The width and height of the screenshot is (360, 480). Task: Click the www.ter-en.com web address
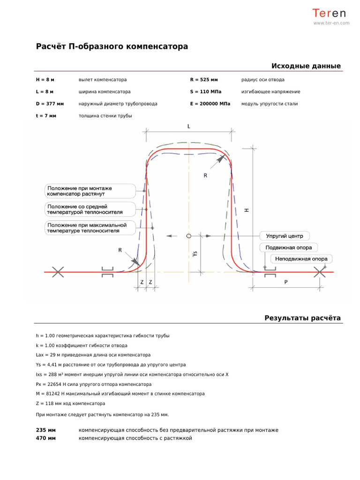(x=331, y=22)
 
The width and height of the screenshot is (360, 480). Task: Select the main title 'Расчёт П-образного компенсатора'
(x=112, y=46)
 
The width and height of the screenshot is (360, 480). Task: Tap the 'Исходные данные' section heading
(x=306, y=66)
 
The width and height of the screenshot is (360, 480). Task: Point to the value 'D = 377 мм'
(x=50, y=104)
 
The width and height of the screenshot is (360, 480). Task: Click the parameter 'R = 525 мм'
(x=204, y=80)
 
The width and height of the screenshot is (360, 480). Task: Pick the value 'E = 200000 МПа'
(x=210, y=104)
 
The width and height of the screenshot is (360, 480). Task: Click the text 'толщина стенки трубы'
(x=105, y=116)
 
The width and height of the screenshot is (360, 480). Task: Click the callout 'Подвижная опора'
(x=288, y=247)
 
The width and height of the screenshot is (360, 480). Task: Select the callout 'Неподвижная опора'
(x=301, y=259)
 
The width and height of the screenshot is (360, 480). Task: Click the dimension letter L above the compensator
(x=188, y=126)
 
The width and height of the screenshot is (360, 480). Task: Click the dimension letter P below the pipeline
(x=286, y=282)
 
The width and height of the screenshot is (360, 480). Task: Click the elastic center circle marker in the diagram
(x=188, y=236)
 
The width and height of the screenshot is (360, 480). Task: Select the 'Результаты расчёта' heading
(x=302, y=318)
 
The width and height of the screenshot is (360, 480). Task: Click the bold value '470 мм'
(x=46, y=438)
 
